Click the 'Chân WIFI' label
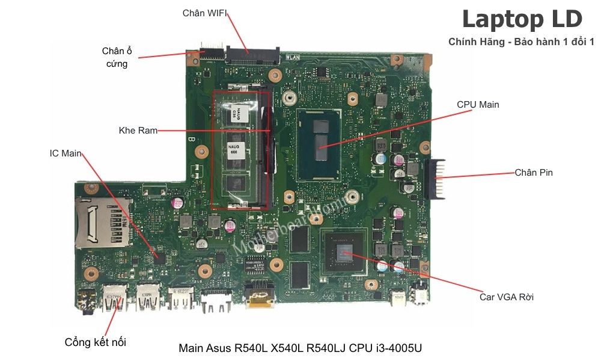pyautogui.click(x=204, y=13)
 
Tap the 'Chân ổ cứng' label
pyautogui.click(x=117, y=57)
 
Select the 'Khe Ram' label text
pyautogui.click(x=138, y=131)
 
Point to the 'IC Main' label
pyautogui.click(x=66, y=153)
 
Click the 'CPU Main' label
pyautogui.click(x=478, y=105)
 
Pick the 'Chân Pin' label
pyautogui.click(x=534, y=173)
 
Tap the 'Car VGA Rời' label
pyautogui.click(x=506, y=297)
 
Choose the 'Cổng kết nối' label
pyautogui.click(x=96, y=342)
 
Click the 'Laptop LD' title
pyautogui.click(x=522, y=19)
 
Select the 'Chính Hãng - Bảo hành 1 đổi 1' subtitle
pyautogui.click(x=521, y=42)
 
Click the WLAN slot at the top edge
pyautogui.click(x=252, y=55)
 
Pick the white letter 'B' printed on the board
pyautogui.click(x=191, y=140)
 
